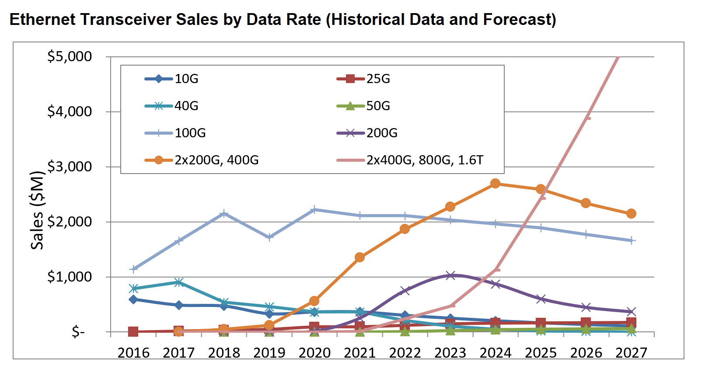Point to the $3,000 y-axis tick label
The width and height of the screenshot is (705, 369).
(70, 167)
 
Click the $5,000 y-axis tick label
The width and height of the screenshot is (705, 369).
(70, 56)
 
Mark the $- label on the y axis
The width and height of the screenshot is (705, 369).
(78, 332)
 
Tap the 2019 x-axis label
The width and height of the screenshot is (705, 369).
(269, 352)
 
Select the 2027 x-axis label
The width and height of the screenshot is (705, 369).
(631, 352)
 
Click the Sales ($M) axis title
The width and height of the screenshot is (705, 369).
(38, 210)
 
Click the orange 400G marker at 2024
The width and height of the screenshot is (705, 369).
(495, 183)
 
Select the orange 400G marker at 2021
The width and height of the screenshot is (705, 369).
(359, 257)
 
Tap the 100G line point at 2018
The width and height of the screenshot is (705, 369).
(224, 213)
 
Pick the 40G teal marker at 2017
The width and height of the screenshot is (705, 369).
(178, 282)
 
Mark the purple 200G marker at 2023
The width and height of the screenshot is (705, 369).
(450, 275)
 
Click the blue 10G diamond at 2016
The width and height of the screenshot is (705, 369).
(133, 299)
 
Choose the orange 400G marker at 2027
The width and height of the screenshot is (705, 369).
(631, 213)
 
